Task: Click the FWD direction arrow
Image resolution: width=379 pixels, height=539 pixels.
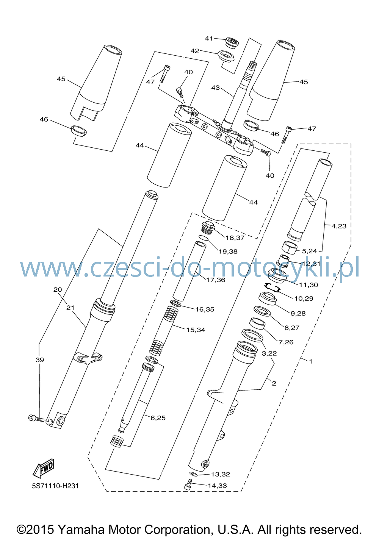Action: pyautogui.click(x=44, y=468)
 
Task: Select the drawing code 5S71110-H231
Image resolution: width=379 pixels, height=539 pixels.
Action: pyautogui.click(x=55, y=486)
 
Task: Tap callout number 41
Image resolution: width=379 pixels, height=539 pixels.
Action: pyautogui.click(x=209, y=38)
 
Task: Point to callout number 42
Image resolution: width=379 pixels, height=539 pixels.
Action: pyautogui.click(x=195, y=51)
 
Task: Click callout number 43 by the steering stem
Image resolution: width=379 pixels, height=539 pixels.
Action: pyautogui.click(x=216, y=87)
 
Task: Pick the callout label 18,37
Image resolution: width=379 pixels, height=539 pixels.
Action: pyautogui.click(x=235, y=238)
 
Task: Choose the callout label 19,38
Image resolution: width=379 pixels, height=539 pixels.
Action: pyautogui.click(x=228, y=252)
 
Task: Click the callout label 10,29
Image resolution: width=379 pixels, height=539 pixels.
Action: pyautogui.click(x=304, y=298)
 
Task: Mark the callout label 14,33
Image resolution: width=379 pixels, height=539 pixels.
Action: pyautogui.click(x=217, y=486)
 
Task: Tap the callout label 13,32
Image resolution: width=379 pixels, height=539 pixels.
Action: pyautogui.click(x=221, y=474)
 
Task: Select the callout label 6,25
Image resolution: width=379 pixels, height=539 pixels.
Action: pyautogui.click(x=158, y=418)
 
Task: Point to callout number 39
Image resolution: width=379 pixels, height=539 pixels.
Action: pyautogui.click(x=40, y=360)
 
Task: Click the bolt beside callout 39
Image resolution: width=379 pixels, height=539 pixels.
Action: pyautogui.click(x=36, y=418)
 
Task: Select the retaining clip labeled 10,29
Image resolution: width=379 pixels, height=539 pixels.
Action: pyautogui.click(x=271, y=287)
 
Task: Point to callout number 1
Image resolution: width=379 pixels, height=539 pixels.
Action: pyautogui.click(x=311, y=361)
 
